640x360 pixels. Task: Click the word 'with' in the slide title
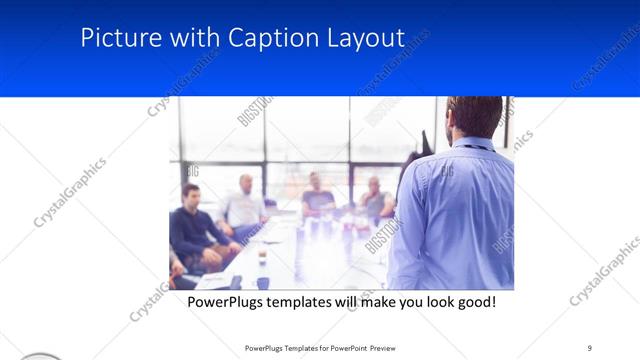click(191, 38)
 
